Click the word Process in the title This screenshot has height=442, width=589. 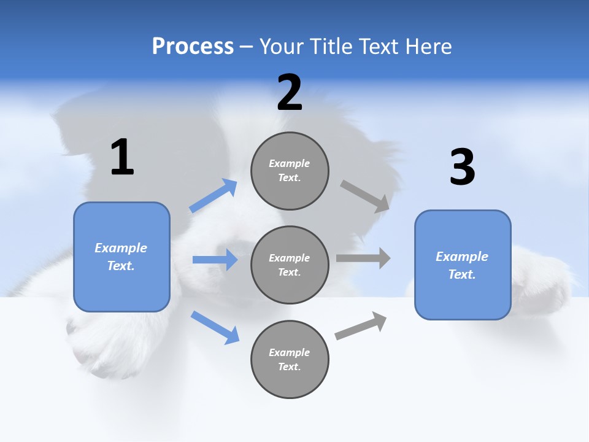193,46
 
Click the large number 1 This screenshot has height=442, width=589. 122,158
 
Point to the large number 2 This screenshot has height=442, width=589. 290,93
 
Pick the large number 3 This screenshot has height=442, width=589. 462,167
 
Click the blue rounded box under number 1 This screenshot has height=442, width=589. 121,257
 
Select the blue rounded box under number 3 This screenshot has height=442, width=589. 463,265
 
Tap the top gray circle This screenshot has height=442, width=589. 290,171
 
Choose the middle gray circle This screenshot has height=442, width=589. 290,265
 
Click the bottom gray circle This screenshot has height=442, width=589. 290,359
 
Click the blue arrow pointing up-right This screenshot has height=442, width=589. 213,196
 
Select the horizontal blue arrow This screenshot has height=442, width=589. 215,260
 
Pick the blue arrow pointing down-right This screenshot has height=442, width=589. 215,327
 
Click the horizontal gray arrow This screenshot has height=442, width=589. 363,258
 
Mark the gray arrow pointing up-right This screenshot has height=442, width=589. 361,325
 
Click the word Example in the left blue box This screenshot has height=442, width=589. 121,248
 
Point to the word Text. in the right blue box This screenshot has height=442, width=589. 462,274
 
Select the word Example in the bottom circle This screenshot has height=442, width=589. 290,352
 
